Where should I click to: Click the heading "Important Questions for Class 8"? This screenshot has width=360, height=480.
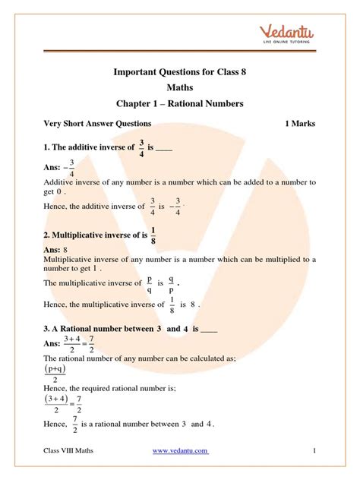click(180, 74)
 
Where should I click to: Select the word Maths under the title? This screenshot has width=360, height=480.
click(180, 90)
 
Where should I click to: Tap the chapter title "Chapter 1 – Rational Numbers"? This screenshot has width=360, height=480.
click(180, 104)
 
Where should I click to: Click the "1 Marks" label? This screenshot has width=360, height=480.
click(300, 124)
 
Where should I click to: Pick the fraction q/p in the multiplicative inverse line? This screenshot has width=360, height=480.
click(172, 283)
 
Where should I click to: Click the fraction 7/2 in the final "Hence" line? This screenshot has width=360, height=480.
click(74, 424)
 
